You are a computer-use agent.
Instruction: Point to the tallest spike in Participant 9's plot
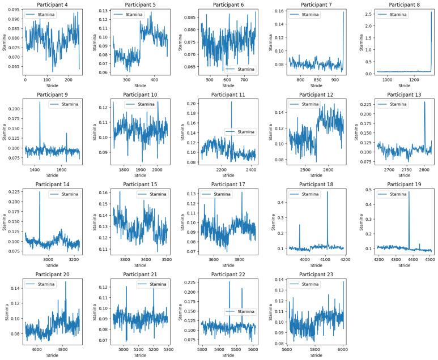coord(40,102)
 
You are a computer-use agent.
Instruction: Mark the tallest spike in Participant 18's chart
coord(328,192)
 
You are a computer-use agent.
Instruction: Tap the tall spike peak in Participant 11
coord(231,102)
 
